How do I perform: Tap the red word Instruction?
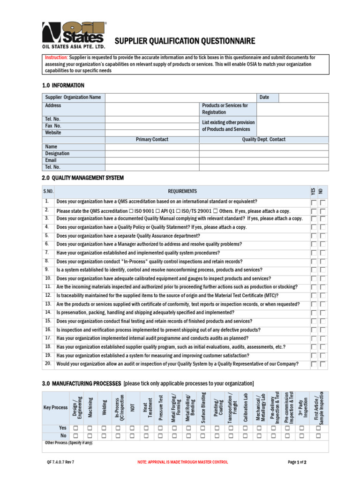click(x=56, y=57)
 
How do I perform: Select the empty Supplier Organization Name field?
click(x=181, y=97)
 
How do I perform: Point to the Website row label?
click(x=53, y=133)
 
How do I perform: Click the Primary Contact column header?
click(x=152, y=140)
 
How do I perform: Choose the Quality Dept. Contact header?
click(x=263, y=140)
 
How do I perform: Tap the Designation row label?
click(x=57, y=153)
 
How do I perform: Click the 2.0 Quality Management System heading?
click(x=83, y=178)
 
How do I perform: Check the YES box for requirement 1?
click(x=314, y=202)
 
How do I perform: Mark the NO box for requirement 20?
click(x=323, y=364)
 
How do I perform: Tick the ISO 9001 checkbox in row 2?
click(x=131, y=211)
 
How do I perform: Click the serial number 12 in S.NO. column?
click(x=48, y=295)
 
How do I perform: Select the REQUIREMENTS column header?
click(x=182, y=191)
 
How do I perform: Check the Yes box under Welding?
click(x=104, y=428)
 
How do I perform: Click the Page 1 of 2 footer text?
click(x=297, y=462)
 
